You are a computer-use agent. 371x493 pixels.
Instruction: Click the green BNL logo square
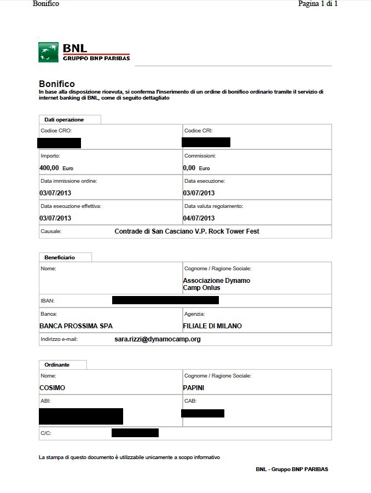(x=49, y=52)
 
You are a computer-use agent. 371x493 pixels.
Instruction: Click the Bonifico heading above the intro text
(x=56, y=84)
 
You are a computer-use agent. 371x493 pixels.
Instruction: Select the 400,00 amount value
(x=49, y=168)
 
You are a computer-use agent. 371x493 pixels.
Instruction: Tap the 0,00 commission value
(x=189, y=168)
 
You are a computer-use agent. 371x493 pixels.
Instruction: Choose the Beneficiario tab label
(x=60, y=257)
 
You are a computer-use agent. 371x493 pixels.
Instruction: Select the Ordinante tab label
(x=57, y=364)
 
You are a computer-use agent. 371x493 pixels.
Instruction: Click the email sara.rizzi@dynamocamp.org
(x=158, y=339)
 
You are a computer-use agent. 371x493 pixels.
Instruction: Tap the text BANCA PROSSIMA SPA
(x=76, y=326)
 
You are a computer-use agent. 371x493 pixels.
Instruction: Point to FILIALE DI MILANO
(x=212, y=326)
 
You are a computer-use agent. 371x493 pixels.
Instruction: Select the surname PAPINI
(x=194, y=387)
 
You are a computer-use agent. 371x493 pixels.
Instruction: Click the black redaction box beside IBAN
(x=165, y=300)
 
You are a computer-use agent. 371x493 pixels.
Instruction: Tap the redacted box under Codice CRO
(x=60, y=143)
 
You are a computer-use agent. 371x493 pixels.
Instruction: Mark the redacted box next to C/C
(x=135, y=433)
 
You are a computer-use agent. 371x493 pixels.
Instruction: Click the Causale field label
(x=51, y=231)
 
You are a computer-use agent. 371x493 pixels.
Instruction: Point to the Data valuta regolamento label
(x=213, y=206)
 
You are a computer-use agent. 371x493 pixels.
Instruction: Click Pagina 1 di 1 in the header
(x=317, y=4)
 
